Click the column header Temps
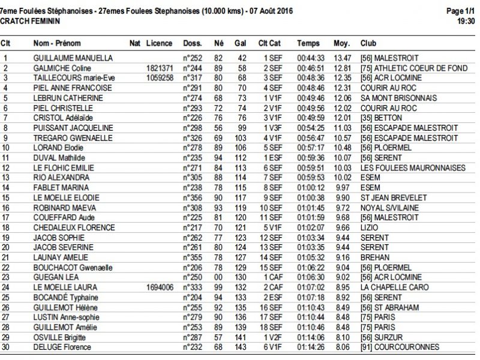pyautogui.click(x=308, y=43)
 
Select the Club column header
pyautogui.click(x=368, y=43)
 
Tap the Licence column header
pyautogui.click(x=159, y=43)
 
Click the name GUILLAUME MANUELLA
pyautogui.click(x=73, y=58)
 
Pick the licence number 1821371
pyautogui.click(x=160, y=68)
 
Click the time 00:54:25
pyautogui.click(x=310, y=128)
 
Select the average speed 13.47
pyautogui.click(x=341, y=58)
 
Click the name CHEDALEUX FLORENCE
pyautogui.click(x=74, y=227)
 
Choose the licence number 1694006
pyautogui.click(x=160, y=287)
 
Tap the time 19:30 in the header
pyautogui.click(x=466, y=20)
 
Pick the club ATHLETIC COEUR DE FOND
pyautogui.click(x=413, y=68)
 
